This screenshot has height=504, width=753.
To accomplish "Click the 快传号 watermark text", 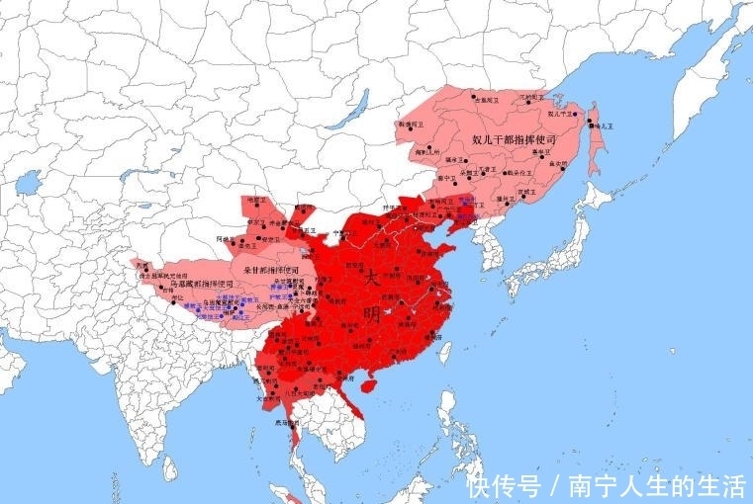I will pyautogui.click(x=505, y=485).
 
